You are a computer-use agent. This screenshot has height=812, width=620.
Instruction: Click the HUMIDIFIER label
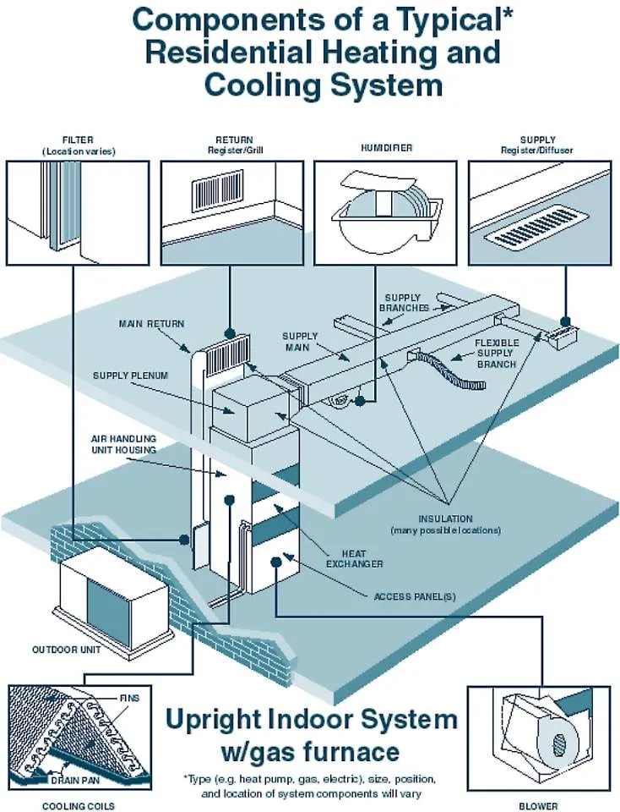(386, 148)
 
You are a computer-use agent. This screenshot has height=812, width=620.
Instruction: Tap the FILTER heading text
(78, 140)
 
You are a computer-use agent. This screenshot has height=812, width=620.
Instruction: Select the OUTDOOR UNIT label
(67, 650)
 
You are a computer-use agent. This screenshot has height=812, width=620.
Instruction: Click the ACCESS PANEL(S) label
(415, 596)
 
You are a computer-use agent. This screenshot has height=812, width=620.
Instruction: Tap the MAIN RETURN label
(151, 323)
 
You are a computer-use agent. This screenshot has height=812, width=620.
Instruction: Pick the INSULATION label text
(445, 518)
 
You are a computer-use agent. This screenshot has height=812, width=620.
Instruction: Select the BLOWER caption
(538, 805)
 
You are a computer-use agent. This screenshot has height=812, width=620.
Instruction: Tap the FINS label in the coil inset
(129, 699)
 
